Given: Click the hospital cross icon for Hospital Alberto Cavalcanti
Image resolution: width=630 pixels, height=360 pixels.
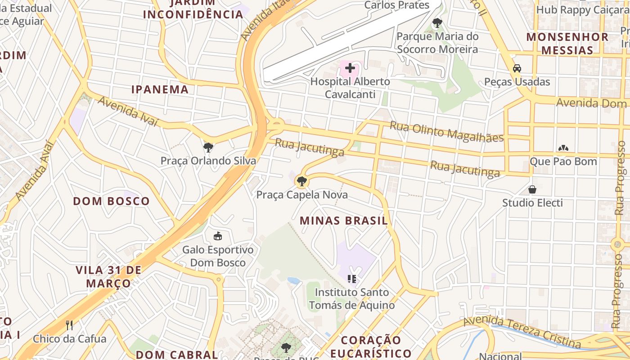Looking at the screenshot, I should [x=350, y=69].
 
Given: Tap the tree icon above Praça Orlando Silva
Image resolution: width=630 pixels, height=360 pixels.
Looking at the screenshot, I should [x=208, y=147].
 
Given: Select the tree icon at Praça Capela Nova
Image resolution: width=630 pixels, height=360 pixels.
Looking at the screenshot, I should [x=301, y=181].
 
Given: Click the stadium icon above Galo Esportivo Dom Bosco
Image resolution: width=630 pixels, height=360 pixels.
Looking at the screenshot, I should [x=218, y=236].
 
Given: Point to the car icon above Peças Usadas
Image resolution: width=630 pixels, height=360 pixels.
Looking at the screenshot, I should [x=517, y=68].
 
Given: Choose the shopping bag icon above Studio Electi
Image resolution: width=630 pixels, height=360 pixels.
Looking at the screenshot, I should [x=532, y=189].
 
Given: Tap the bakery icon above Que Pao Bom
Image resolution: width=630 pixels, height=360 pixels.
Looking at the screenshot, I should [x=563, y=148].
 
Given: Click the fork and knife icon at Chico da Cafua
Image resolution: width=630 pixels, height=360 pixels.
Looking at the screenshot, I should [x=69, y=325].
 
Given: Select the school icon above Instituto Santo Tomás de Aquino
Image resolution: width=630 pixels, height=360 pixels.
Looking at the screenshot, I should [x=352, y=279].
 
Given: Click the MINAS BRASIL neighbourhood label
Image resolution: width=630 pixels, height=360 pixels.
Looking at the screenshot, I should [x=343, y=220].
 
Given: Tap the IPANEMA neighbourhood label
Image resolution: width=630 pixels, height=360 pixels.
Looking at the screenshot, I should [x=160, y=89].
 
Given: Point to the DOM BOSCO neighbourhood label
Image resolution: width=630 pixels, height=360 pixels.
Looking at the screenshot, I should [x=111, y=201].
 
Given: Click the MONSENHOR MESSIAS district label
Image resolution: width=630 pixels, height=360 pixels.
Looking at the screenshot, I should [x=567, y=43].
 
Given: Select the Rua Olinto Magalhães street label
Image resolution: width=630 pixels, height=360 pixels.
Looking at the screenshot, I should [x=446, y=132].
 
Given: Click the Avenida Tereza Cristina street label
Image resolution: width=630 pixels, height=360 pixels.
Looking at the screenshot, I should [x=522, y=332].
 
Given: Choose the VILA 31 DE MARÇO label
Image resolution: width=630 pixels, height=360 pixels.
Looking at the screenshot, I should [x=108, y=277].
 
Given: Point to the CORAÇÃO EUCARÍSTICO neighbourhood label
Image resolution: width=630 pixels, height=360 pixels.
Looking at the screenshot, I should [x=376, y=346].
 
